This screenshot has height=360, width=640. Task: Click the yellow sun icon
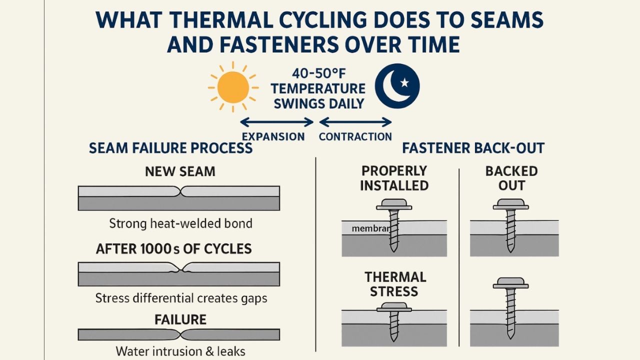[x=233, y=87]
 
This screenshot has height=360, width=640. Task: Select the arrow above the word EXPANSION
[x=276, y=122]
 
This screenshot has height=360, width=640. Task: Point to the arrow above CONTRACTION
[x=355, y=122]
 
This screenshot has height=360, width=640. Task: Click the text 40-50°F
[x=317, y=73]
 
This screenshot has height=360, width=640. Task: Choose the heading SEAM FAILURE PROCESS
[x=170, y=148]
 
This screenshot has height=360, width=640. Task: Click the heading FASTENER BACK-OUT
[x=473, y=148]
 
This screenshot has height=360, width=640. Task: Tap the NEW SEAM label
[x=180, y=171]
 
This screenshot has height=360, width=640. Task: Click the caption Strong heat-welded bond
[x=180, y=223]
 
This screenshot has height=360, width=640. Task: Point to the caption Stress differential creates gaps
[x=181, y=298]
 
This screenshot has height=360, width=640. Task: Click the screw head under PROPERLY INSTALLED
[x=393, y=204]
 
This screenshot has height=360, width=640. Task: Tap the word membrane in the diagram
[x=370, y=228]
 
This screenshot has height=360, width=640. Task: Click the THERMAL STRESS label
[x=395, y=284]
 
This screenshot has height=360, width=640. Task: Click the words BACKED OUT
[x=511, y=178]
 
